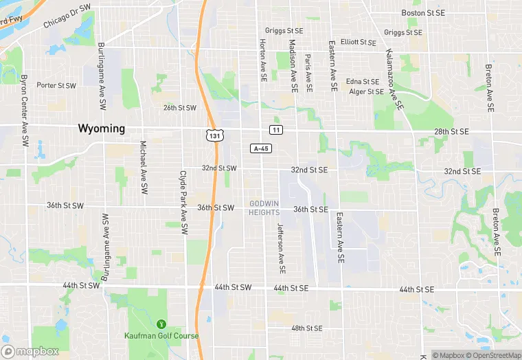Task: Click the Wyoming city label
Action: [x=102, y=128]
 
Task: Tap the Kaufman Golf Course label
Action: [x=162, y=336]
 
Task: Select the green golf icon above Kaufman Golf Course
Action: [x=162, y=324]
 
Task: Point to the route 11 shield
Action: [x=275, y=130]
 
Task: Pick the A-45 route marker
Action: [x=260, y=148]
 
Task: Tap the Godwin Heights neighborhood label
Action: [x=264, y=208]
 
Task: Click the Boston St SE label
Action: [x=424, y=13]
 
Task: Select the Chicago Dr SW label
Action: [x=67, y=17]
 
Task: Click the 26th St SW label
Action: [x=180, y=108]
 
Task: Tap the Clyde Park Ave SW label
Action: [x=183, y=203]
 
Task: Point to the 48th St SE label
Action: [x=306, y=328]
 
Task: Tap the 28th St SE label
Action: [x=451, y=131]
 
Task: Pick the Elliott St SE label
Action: [x=359, y=42]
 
